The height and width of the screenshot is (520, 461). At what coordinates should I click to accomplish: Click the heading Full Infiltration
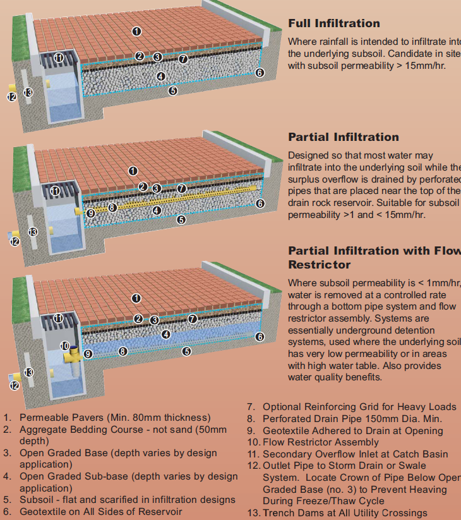point(334,23)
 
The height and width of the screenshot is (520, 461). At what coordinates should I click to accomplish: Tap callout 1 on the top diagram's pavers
point(136,31)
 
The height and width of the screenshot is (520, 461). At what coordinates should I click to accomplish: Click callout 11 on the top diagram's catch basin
point(59,57)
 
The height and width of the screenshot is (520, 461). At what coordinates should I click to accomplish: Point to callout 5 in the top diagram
point(173,90)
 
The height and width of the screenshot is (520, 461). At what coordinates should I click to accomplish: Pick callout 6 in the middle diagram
point(260,203)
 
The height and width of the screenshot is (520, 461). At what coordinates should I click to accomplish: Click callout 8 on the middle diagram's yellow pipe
point(112,207)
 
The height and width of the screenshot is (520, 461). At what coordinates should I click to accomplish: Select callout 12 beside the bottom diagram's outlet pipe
point(14,385)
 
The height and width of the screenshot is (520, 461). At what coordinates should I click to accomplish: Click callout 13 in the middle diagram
point(32,232)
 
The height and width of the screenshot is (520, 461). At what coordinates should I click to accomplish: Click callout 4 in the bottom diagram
point(165,334)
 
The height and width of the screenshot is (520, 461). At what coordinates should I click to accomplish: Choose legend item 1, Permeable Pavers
point(114,418)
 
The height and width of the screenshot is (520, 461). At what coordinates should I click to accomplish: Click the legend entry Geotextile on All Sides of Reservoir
point(100,511)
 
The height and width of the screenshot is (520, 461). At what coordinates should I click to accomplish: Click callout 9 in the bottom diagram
point(88,354)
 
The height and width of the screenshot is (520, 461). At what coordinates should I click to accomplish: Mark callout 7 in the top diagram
point(183,59)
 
